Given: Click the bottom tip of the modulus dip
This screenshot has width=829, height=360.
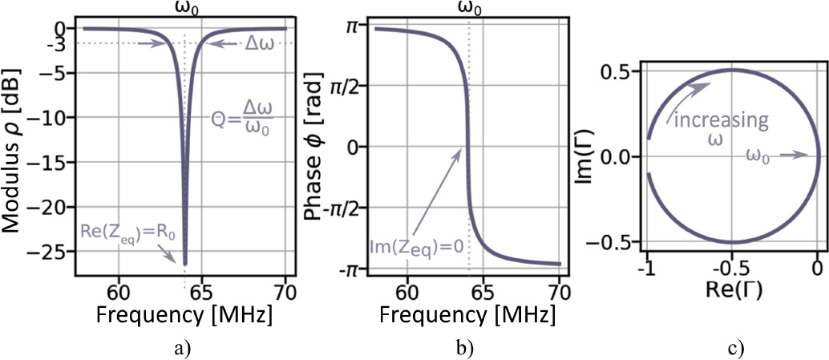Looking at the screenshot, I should click(185, 264).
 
